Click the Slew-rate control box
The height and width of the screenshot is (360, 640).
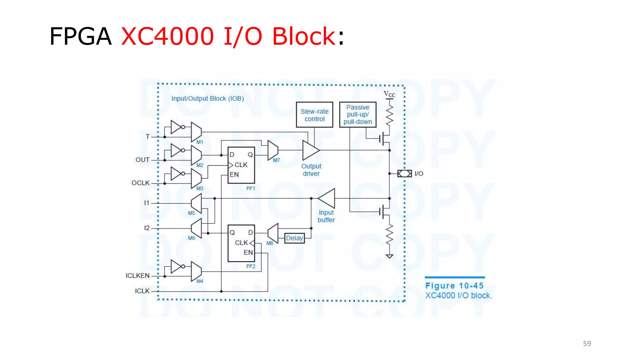point(314,115)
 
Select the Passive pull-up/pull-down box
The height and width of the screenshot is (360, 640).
point(357,115)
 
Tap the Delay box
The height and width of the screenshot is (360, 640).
point(294,238)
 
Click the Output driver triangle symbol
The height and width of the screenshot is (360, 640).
point(310,150)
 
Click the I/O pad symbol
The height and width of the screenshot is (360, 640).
point(404,173)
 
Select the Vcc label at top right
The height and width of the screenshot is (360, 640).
point(389,94)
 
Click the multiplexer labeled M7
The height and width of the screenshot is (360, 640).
point(272,150)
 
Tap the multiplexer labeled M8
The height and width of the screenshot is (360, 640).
point(273,233)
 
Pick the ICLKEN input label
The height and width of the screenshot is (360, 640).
point(137,276)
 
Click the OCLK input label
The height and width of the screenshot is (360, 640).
point(140,183)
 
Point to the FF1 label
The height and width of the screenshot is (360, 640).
point(251,188)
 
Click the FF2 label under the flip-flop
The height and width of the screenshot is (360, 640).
point(251,266)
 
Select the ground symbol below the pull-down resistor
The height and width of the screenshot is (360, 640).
point(389,256)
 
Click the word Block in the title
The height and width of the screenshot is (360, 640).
point(303,36)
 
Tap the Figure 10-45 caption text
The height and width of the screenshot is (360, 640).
point(454,286)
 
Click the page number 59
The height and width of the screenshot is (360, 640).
point(587,343)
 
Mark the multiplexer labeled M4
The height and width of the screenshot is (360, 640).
point(196,271)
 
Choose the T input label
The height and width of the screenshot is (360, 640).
point(147,137)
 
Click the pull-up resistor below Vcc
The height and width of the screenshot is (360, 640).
point(389,114)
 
